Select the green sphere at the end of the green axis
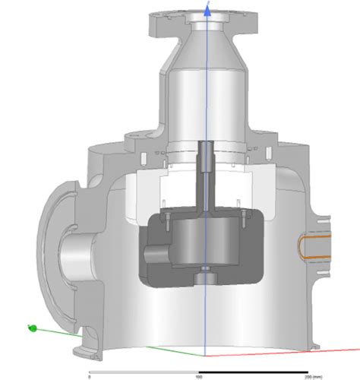point(32,328)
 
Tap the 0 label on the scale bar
point(90,376)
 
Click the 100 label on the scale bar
point(199,376)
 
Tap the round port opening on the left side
point(72,255)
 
